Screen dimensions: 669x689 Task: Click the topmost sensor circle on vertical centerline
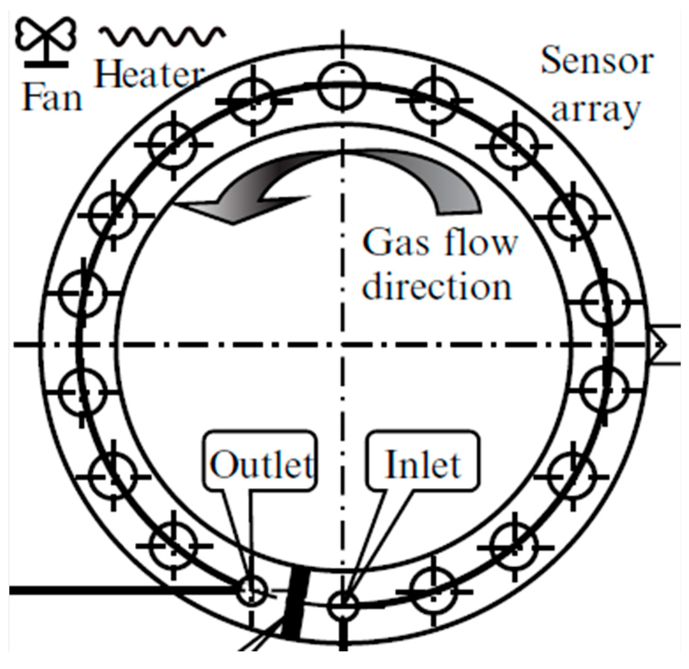click(343, 87)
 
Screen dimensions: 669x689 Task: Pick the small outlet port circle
click(251, 591)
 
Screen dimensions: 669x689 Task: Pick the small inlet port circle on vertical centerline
click(343, 605)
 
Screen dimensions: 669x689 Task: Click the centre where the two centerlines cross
click(343, 345)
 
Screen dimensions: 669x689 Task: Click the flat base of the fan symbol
click(47, 64)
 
